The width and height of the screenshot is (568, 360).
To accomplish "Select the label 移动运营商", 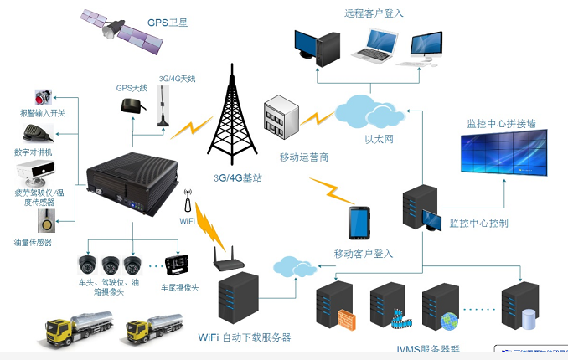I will click(304, 157).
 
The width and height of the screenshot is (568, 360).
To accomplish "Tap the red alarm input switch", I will click(43, 96).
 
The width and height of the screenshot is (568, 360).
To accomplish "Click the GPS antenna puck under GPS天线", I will click(130, 105).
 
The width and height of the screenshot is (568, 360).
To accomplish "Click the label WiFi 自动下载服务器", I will click(244, 337).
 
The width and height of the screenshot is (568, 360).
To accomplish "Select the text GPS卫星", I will click(168, 23).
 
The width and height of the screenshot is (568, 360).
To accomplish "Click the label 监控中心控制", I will click(478, 224).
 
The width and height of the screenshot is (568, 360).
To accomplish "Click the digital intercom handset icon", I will click(37, 133).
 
